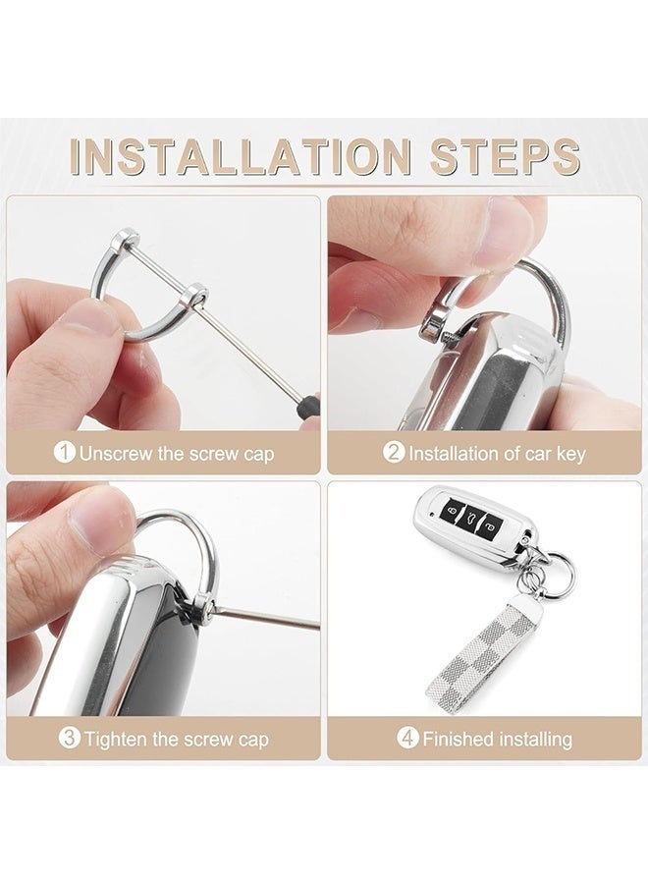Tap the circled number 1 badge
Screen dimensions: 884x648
(x=65, y=454)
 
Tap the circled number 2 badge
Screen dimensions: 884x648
(x=394, y=454)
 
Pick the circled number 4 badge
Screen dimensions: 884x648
(x=407, y=738)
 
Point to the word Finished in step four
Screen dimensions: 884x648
(x=459, y=739)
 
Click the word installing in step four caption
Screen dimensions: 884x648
(x=534, y=739)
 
